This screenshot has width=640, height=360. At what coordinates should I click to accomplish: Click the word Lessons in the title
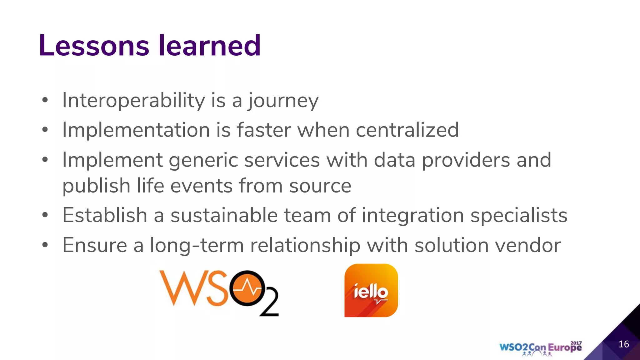coord(94,46)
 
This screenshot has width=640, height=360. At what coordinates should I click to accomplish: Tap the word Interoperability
coord(133,101)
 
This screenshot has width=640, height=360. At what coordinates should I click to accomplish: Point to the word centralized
coord(407,130)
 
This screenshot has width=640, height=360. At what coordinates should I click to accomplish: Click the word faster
coord(263,130)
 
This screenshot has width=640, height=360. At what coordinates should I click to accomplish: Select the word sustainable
coord(224,216)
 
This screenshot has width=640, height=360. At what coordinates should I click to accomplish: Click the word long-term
coord(197,246)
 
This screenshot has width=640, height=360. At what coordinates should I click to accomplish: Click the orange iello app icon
coord(371,290)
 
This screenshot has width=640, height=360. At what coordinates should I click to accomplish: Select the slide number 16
coord(624,344)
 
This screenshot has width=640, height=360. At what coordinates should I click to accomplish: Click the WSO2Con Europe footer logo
coord(540,348)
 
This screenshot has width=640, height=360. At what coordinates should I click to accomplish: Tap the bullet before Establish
coord(45,215)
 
